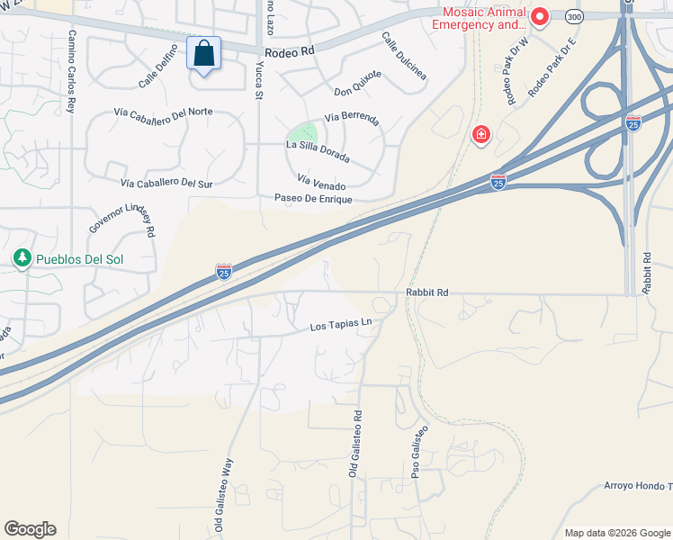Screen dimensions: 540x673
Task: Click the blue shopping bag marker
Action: [x=204, y=54]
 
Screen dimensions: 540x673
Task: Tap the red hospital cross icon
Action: [x=481, y=135]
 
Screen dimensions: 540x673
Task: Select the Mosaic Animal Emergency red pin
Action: [x=540, y=16]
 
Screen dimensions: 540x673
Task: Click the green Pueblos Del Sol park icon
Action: [x=22, y=259]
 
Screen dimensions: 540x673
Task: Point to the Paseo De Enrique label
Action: [x=313, y=198]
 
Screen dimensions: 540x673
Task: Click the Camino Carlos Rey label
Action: [x=72, y=71]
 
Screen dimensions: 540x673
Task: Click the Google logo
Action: [x=30, y=529]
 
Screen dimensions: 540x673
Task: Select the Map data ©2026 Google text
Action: [x=616, y=533]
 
